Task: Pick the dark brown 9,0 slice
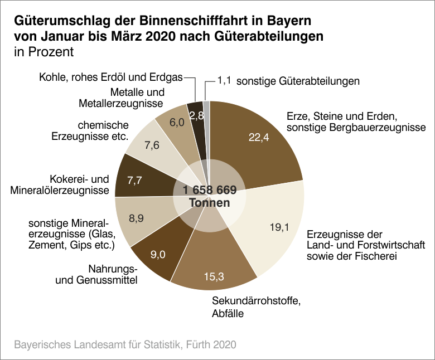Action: point(158,255)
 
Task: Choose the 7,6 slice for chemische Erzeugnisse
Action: point(152,145)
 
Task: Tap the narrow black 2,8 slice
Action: point(195,115)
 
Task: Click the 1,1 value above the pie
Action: point(224,81)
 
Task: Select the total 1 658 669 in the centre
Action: point(210,190)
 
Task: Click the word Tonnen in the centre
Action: point(210,203)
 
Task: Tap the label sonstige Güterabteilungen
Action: point(298,81)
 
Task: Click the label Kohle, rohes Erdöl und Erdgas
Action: point(110,77)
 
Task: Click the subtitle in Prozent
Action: point(43,52)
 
